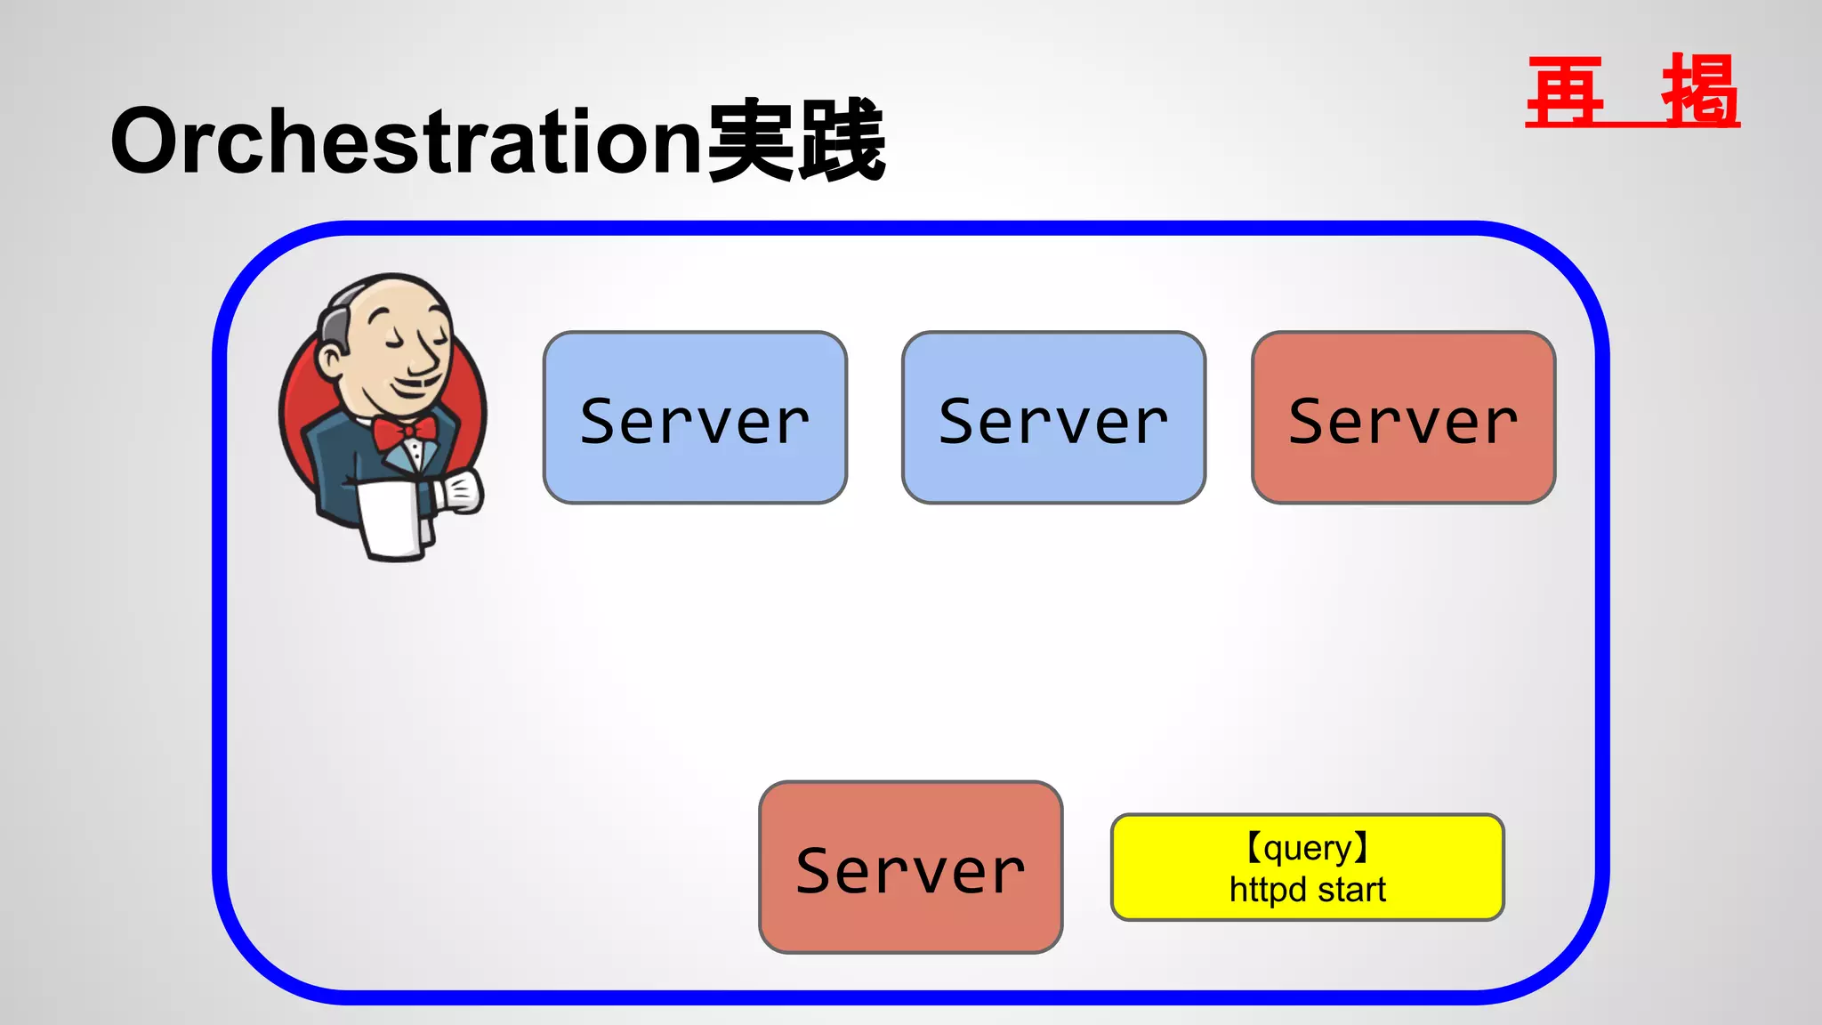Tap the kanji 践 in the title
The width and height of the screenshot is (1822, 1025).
click(841, 141)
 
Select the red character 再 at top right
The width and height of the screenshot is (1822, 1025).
click(1565, 91)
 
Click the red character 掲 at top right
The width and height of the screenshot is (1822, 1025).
click(1699, 91)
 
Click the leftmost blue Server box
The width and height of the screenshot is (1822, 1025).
click(695, 418)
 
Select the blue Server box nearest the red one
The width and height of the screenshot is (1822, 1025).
click(1053, 418)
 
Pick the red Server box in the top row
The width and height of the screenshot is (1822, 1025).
click(1403, 418)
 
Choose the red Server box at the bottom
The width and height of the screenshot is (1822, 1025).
click(910, 868)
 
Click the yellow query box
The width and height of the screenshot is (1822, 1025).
click(1307, 868)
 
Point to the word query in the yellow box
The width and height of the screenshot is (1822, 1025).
click(1307, 848)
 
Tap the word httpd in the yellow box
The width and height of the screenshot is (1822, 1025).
click(1268, 890)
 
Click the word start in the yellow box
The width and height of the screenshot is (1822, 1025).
click(1351, 890)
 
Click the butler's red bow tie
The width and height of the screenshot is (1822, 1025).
click(405, 432)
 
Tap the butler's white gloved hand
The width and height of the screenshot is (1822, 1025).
click(462, 492)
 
